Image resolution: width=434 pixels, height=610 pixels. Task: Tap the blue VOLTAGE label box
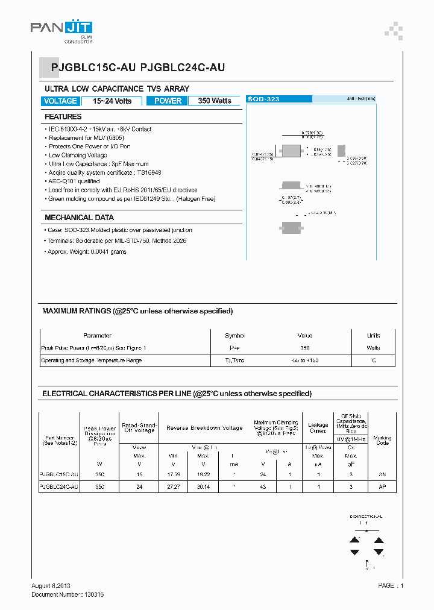tap(60, 101)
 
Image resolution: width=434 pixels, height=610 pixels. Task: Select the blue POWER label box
tap(168, 101)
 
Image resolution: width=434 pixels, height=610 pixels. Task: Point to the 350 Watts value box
tap(215, 101)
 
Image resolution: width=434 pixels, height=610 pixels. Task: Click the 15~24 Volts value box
tap(112, 101)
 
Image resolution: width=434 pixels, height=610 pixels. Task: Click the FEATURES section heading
tap(63, 117)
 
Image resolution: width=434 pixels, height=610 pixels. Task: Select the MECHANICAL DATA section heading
tap(79, 218)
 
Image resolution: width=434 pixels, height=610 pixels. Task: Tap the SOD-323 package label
tap(264, 99)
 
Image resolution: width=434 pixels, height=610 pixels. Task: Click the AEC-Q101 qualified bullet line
tap(74, 181)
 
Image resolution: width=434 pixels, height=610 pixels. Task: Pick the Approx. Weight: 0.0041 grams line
tap(87, 252)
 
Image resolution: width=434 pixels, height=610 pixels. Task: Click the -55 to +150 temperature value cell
tap(305, 360)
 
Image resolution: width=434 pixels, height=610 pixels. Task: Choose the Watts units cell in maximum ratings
tap(374, 348)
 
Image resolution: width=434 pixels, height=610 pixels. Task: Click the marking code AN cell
tap(382, 475)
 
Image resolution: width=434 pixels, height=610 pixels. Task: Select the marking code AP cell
tap(382, 486)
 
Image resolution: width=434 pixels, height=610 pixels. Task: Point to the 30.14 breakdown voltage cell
tap(203, 486)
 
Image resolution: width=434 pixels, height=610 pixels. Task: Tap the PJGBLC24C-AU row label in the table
tap(58, 486)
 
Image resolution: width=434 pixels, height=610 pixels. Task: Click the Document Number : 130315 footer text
tap(68, 594)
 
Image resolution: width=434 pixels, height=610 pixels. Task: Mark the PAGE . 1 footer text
tap(391, 586)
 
